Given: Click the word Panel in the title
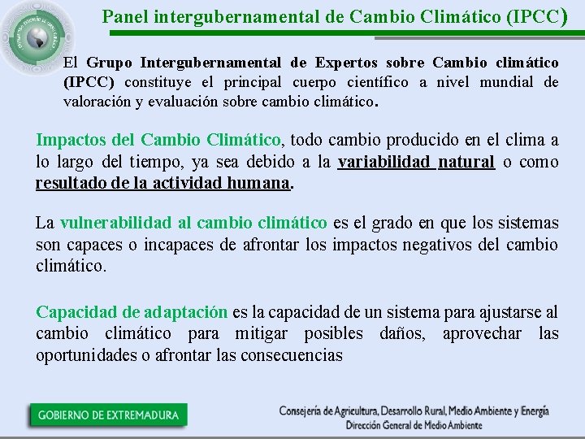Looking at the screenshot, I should click(124, 15).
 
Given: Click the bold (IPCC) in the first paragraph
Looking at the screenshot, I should click(89, 83).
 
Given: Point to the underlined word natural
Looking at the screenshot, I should click(466, 162).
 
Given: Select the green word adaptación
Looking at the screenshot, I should click(186, 312).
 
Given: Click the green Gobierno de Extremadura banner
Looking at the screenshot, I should click(107, 415).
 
